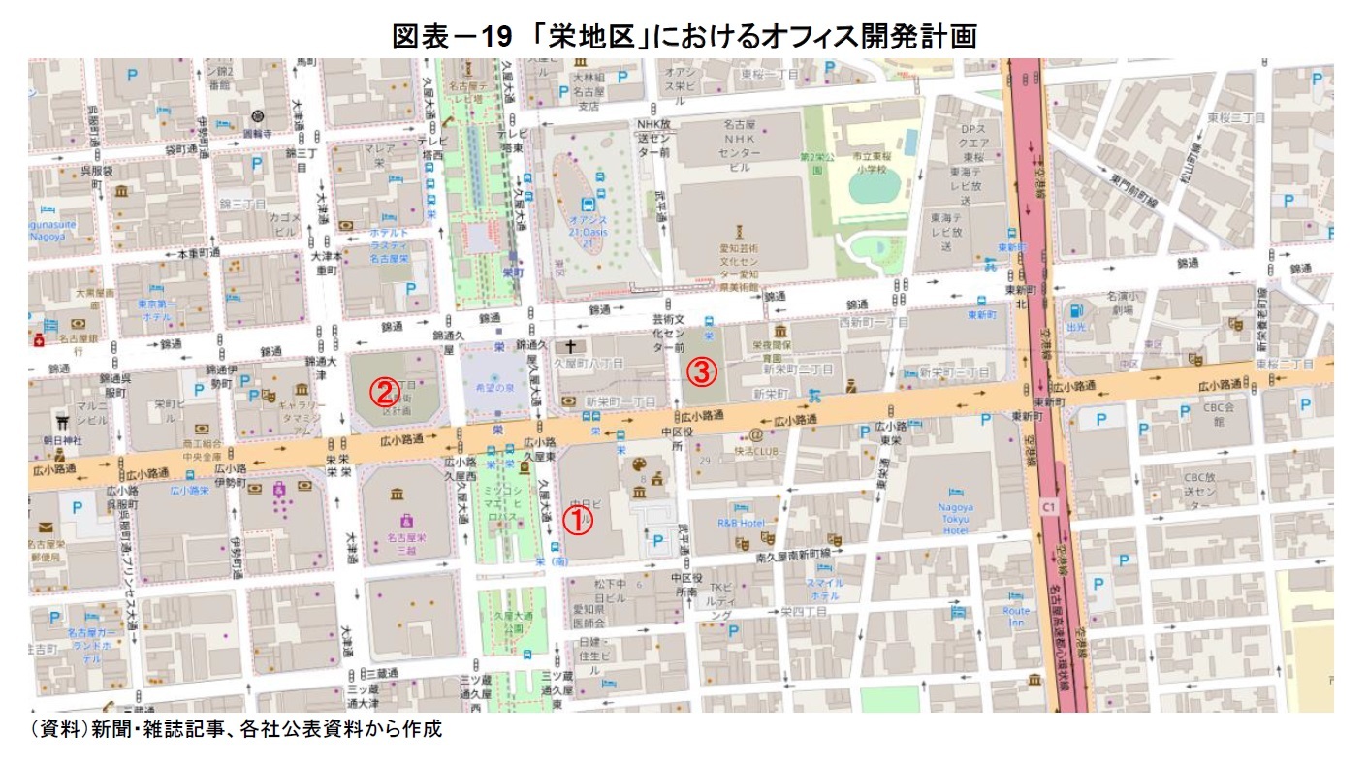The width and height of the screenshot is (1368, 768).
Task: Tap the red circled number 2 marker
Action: [384, 393]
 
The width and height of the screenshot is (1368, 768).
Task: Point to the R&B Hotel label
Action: [743, 524]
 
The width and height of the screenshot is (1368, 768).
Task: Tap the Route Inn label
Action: [1016, 617]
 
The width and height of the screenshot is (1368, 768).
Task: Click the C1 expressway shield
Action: [1047, 506]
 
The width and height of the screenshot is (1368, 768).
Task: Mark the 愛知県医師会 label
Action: [589, 615]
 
